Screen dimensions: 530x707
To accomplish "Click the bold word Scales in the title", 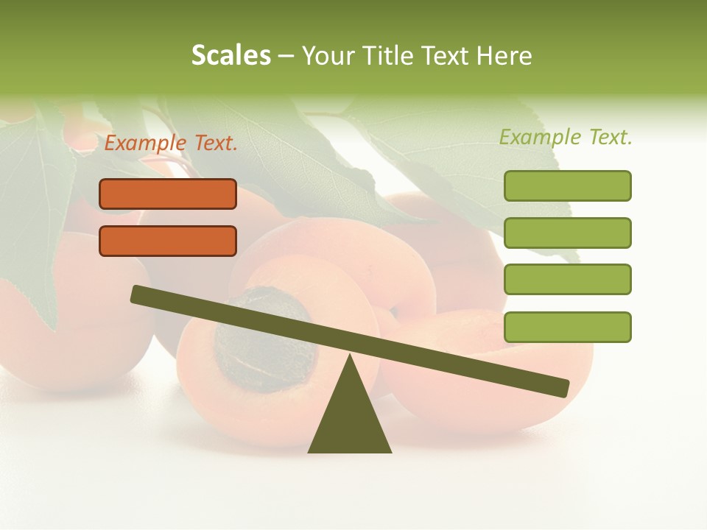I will click(231, 55).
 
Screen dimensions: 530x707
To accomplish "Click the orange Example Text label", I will click(171, 144).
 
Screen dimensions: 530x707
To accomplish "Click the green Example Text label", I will click(566, 137).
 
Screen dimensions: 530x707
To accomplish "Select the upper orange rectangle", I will click(168, 194).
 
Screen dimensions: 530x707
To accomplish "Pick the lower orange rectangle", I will click(168, 241).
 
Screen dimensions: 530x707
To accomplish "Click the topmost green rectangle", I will click(568, 185).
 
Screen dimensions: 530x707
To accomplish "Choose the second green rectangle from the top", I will click(568, 233).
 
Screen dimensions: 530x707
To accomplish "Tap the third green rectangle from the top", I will click(568, 280).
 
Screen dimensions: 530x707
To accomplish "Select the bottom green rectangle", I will click(568, 327).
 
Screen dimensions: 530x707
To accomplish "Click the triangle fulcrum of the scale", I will click(350, 420).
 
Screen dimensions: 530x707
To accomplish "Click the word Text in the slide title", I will click(442, 55).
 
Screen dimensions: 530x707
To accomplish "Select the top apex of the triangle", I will click(350, 358).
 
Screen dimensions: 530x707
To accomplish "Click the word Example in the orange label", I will click(146, 144).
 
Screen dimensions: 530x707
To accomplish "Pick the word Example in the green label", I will click(541, 137).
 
